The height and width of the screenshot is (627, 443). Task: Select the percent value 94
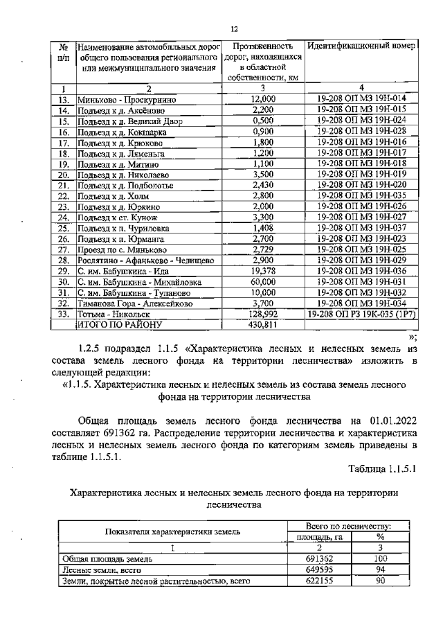380,569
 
